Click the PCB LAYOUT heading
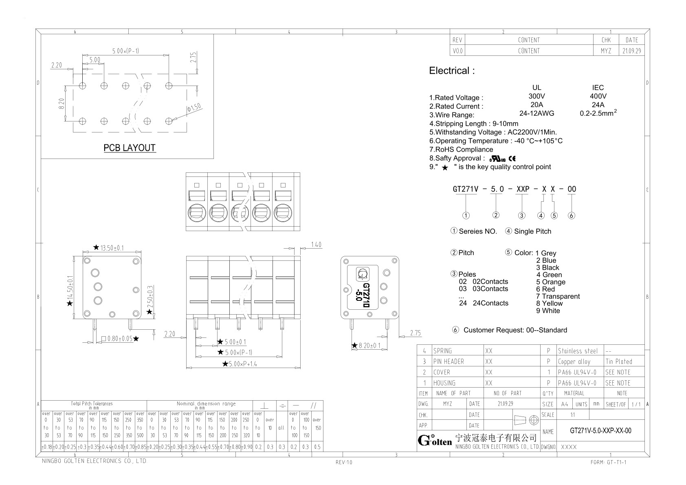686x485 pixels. [x=130, y=148]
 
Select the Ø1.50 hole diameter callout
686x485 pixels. [x=194, y=108]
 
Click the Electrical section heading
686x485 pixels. [x=452, y=71]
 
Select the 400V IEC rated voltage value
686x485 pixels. [x=598, y=96]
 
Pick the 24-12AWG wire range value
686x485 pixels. [x=536, y=113]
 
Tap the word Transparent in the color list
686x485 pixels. [x=561, y=296]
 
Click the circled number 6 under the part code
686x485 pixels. [x=572, y=216]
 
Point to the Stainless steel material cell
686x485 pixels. [x=578, y=351]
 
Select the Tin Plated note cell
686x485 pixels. [x=618, y=362]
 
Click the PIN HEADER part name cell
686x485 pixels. [x=449, y=362]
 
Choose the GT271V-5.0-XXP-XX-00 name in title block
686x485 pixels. [x=600, y=431]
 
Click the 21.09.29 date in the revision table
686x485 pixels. [x=632, y=51]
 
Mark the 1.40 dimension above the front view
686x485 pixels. [x=316, y=245]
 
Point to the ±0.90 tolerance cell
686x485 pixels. [x=246, y=447]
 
